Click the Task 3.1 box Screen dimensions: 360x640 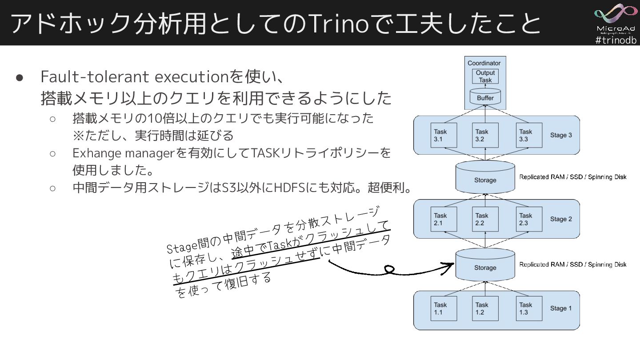(443, 135)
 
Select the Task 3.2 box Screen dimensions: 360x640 (485, 135)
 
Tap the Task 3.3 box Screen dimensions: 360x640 (528, 135)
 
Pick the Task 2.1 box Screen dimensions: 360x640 (443, 220)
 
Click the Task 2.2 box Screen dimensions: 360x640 (485, 220)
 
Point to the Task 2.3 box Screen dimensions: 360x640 (528, 220)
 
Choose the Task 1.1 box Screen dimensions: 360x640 (443, 308)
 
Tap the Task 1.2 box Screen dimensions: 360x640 (485, 308)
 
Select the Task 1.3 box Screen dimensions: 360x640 (528, 308)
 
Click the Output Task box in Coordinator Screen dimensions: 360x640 (485, 76)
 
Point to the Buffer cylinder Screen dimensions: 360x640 (485, 97)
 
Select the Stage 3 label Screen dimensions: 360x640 (561, 135)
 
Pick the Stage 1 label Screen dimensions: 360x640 (561, 308)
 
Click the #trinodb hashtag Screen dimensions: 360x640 (616, 40)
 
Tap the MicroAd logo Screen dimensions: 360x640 (616, 18)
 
